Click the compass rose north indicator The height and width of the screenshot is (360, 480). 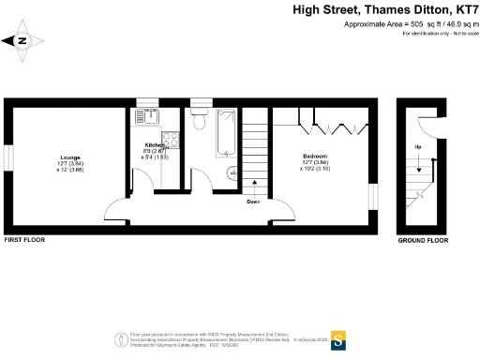(x=21, y=40)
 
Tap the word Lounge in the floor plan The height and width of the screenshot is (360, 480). (x=70, y=157)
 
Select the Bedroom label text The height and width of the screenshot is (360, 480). (x=315, y=155)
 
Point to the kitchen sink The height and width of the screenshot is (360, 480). (x=142, y=116)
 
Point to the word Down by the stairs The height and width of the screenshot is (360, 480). (x=253, y=201)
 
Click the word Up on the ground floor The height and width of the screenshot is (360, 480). (x=417, y=148)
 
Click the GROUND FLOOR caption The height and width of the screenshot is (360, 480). (x=423, y=240)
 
